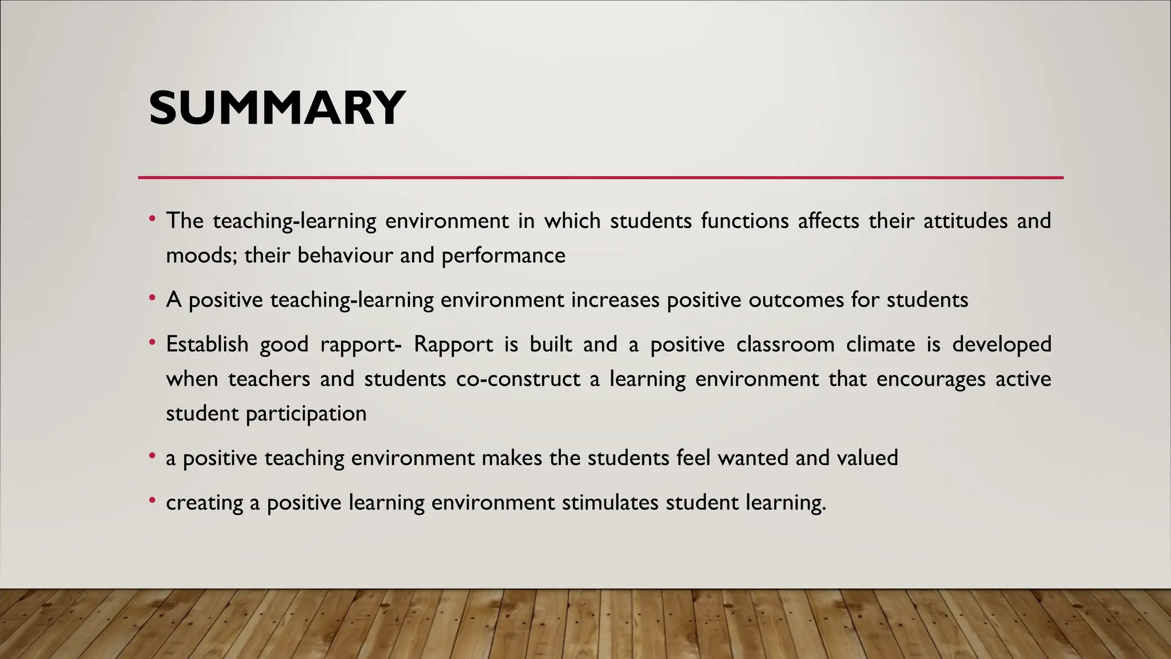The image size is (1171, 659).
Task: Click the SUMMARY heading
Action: [x=277, y=108]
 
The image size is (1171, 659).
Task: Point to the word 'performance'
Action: [x=503, y=255]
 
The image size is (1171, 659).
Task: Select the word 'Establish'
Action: [x=208, y=344]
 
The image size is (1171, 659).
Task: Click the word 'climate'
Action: [x=881, y=344]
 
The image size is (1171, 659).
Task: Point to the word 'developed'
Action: [x=1002, y=344]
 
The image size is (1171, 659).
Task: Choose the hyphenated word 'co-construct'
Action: [x=518, y=379]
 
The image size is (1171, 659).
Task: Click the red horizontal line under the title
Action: [x=600, y=178]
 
